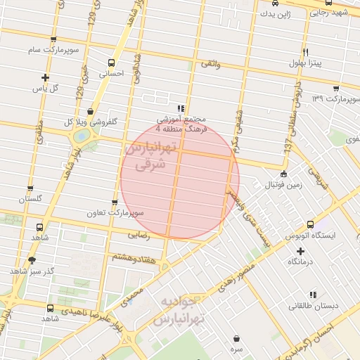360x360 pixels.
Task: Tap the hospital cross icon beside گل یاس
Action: tap(46, 77)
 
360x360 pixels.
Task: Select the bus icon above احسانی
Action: tap(112, 61)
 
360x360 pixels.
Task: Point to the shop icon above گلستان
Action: tap(30, 188)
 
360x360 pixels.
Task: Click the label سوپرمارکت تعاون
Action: tap(116, 212)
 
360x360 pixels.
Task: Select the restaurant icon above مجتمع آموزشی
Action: tap(181, 108)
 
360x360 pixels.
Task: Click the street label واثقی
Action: tap(211, 64)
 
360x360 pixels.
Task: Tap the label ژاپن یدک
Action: tap(274, 13)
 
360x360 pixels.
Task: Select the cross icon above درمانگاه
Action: tap(301, 250)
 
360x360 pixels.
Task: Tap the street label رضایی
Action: tap(139, 236)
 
